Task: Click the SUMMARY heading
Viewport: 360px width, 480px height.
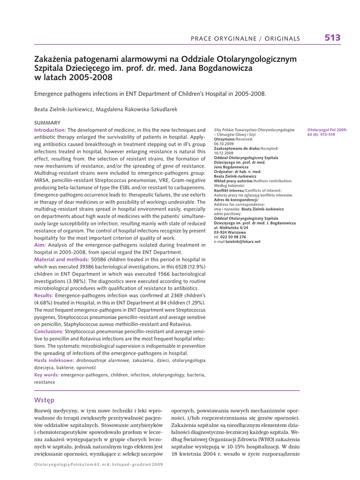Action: click(47, 122)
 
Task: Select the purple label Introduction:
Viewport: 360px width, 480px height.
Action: click(50, 130)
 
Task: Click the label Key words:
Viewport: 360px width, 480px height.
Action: click(46, 375)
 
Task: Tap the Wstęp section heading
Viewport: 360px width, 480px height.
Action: click(45, 400)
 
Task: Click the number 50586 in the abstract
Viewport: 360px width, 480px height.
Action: click(101, 259)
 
